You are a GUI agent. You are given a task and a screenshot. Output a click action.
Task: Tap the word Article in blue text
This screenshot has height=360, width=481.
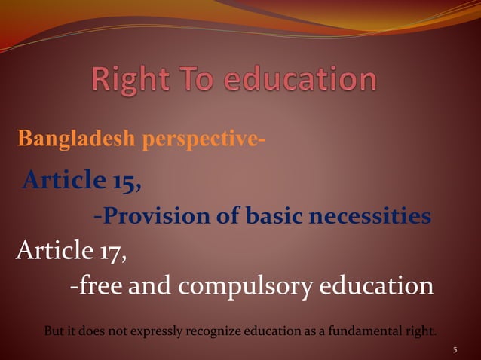[x=63, y=180]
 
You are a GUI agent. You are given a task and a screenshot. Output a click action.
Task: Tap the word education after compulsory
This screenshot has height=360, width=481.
[x=378, y=286]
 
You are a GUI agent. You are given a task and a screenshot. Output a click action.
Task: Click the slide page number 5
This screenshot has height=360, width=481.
[x=455, y=349]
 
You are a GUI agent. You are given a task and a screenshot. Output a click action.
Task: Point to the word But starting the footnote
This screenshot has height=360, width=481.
[x=54, y=330]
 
